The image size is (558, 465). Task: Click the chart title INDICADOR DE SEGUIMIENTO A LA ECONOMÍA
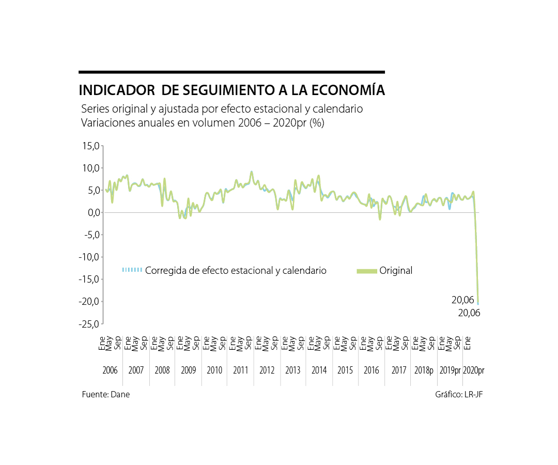click(231, 90)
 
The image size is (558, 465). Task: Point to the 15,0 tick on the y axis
click(90, 146)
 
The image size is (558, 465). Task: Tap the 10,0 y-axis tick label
click(90, 168)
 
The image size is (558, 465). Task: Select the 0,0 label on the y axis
click(92, 212)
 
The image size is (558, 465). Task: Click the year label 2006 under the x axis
click(110, 370)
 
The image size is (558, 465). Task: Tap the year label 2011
click(240, 370)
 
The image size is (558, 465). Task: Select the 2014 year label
click(319, 370)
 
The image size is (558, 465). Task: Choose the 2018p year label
click(424, 370)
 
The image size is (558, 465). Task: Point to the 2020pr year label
click(474, 370)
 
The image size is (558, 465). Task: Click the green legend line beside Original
click(366, 271)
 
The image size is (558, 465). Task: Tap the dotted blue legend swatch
click(132, 270)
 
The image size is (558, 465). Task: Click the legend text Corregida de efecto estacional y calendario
click(236, 271)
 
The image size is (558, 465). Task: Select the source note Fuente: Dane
click(106, 394)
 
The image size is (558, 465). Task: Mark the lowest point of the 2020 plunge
click(478, 303)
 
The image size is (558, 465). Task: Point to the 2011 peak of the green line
click(252, 172)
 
